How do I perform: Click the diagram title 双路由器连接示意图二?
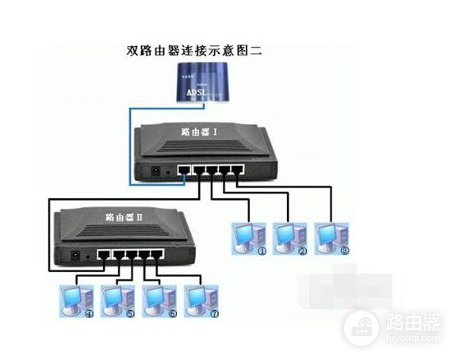pos(194,50)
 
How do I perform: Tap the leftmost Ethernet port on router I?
pos(183,170)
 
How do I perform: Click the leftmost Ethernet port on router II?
pos(102,255)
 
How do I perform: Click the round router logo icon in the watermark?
pos(361,326)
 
